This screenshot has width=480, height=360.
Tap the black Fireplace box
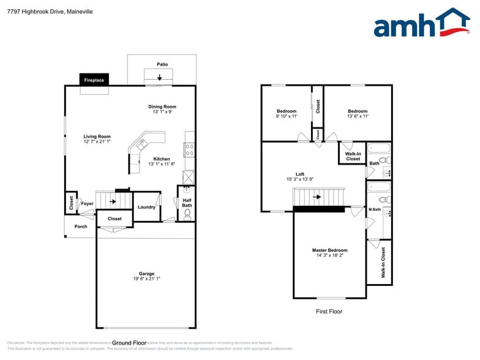[94, 80]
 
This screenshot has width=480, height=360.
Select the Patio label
[162, 64]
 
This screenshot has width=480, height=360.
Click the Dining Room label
[162, 107]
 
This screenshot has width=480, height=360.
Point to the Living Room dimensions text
[97, 142]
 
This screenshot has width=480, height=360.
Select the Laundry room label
[146, 207]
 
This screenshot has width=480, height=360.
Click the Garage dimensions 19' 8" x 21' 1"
[146, 279]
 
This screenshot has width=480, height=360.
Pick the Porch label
[81, 227]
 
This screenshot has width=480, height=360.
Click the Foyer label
[88, 203]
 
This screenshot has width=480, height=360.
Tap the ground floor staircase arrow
[113, 200]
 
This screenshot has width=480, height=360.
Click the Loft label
[299, 174]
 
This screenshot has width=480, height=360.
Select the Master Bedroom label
[329, 250]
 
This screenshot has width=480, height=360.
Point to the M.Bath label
[375, 209]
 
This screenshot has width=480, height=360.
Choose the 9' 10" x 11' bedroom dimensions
[287, 116]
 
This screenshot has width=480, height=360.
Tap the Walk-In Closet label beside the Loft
[353, 157]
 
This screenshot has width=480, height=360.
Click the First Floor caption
[329, 312]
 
